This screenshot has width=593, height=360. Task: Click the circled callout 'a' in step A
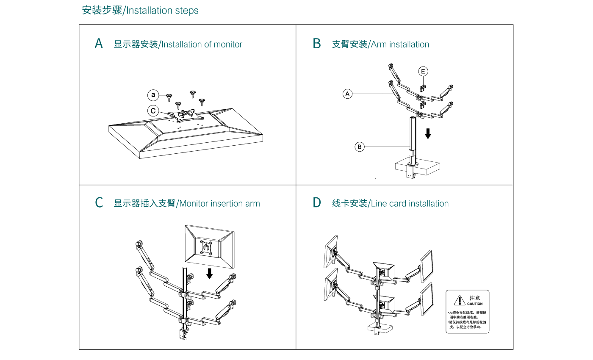[152, 95]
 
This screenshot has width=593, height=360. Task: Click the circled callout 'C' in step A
[152, 111]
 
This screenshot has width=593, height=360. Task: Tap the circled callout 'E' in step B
[423, 71]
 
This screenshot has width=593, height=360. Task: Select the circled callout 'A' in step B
[347, 94]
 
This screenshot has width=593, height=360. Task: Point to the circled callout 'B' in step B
[359, 147]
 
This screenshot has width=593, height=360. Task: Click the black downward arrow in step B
[428, 133]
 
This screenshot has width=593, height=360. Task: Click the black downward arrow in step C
[209, 274]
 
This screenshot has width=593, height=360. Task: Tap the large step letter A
[99, 44]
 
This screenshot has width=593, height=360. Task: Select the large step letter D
[317, 203]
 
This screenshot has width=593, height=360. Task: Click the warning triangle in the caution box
[460, 300]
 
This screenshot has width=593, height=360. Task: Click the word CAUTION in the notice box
[475, 304]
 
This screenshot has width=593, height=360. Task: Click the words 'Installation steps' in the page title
[162, 11]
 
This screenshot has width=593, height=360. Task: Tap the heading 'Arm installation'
[400, 44]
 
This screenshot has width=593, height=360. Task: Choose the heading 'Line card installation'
[410, 204]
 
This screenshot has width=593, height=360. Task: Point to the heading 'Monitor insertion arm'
[219, 204]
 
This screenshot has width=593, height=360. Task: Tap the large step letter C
[99, 203]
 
